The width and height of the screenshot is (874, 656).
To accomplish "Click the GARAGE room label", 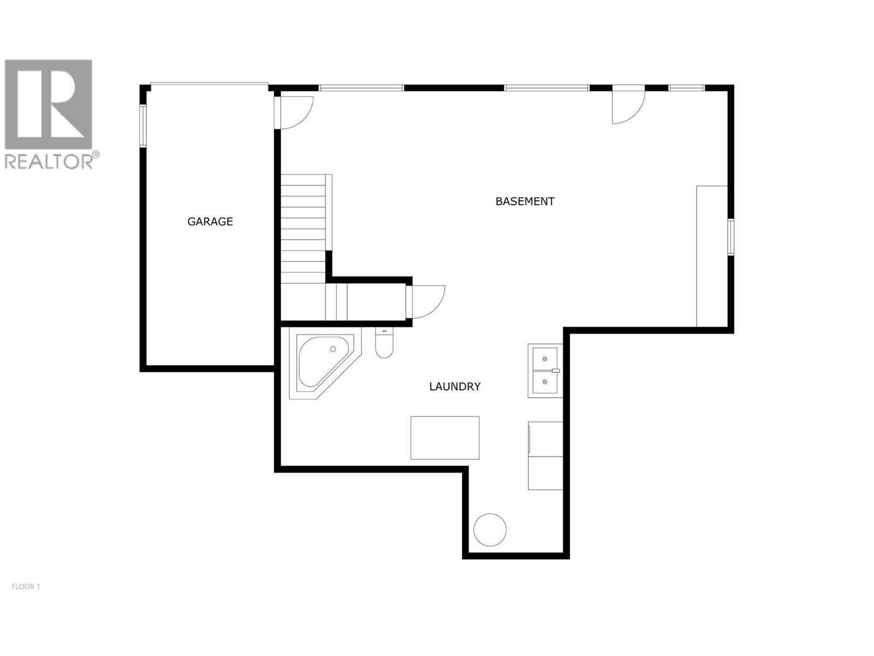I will click(210, 221).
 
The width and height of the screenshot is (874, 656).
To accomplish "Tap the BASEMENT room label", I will click(524, 201).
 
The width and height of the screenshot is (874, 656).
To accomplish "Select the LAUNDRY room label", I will click(454, 386).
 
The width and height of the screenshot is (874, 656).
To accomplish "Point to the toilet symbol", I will click(384, 344).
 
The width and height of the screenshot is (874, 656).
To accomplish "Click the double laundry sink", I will click(545, 370).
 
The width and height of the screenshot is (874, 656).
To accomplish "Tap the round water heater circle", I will click(489, 529).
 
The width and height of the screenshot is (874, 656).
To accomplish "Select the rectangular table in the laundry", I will click(445, 437).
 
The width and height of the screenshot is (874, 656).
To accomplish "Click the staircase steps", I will click(303, 230).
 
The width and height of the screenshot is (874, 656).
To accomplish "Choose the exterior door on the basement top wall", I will click(628, 104).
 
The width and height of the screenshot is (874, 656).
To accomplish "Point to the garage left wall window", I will click(143, 126).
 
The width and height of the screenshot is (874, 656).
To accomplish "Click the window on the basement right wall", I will click(731, 237).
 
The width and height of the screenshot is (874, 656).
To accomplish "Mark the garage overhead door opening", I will click(209, 84).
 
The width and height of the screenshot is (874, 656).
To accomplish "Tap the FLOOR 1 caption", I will click(26, 587).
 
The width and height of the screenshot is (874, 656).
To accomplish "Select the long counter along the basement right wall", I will click(712, 256).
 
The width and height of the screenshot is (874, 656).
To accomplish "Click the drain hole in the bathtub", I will click(333, 349).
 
